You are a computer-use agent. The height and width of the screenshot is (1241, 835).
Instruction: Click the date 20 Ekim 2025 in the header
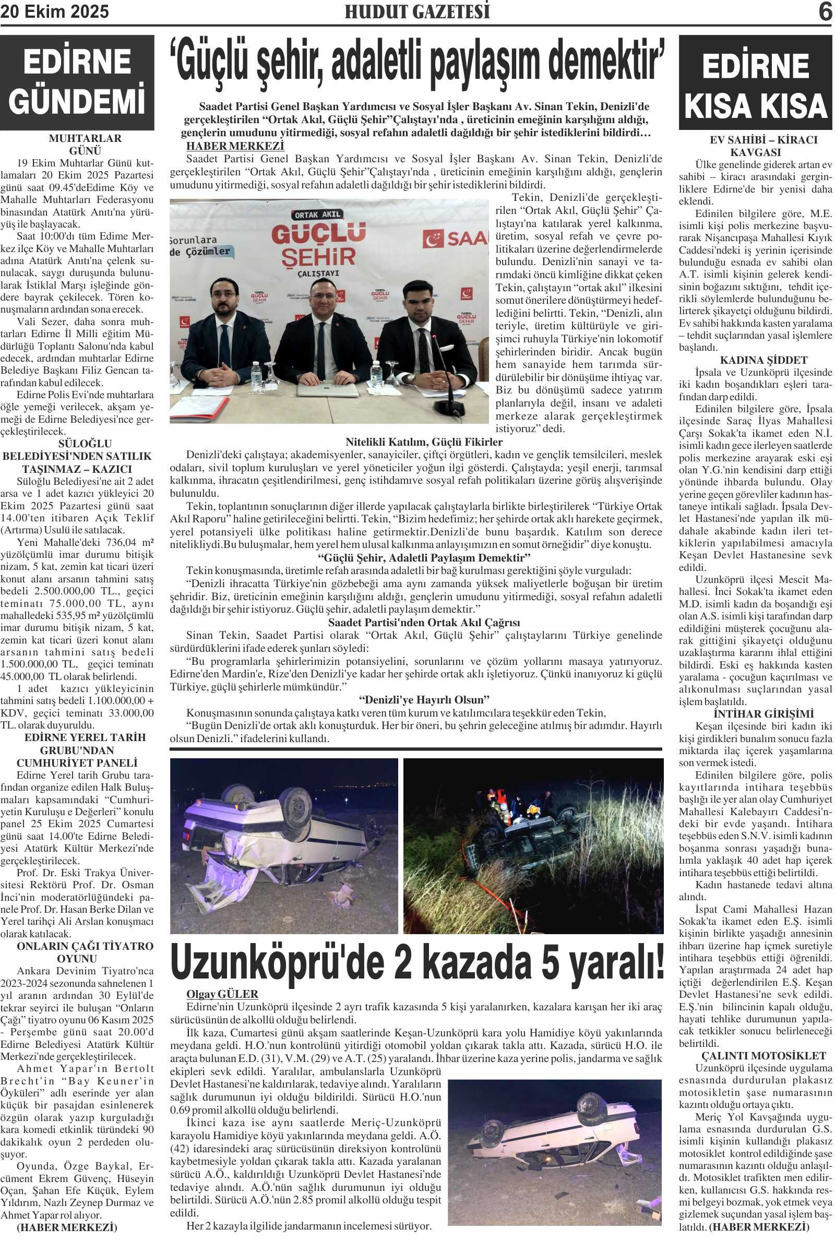54,11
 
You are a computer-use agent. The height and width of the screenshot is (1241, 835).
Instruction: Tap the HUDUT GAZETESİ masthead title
417,11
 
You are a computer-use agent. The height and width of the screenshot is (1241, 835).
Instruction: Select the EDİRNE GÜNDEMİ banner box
77,82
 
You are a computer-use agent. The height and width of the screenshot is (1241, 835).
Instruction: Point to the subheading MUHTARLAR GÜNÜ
85,144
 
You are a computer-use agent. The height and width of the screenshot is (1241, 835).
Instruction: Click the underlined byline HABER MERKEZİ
235,146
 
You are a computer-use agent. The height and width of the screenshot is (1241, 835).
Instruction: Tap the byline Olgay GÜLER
222,994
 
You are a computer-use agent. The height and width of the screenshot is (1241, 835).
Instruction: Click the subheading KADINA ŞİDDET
756,361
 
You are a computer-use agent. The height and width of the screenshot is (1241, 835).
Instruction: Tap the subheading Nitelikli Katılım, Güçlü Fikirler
423,442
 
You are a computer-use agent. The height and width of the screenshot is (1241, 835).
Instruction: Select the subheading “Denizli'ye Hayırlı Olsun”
424,699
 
